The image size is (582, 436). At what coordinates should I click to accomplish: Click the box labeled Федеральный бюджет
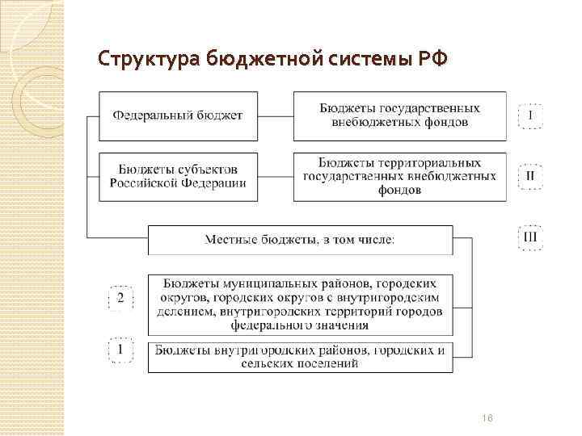click(x=178, y=115)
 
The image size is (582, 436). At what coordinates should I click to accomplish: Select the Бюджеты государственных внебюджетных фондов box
click(x=399, y=115)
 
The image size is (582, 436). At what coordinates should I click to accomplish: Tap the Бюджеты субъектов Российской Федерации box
click(x=178, y=176)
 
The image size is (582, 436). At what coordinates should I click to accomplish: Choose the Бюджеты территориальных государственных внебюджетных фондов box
click(x=399, y=176)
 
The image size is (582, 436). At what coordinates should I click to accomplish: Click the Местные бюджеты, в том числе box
click(x=300, y=239)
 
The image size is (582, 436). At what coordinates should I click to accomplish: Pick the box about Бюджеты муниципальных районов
click(x=300, y=304)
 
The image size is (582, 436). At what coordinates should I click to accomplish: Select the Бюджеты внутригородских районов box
click(x=300, y=357)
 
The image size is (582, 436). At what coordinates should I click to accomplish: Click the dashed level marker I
click(x=530, y=115)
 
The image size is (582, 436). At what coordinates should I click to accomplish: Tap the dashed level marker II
click(x=530, y=175)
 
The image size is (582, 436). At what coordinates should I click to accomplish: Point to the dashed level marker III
click(x=530, y=237)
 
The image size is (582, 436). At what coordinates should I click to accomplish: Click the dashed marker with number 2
click(x=120, y=299)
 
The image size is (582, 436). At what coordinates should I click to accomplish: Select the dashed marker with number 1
click(x=120, y=350)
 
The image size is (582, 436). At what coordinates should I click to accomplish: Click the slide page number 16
click(x=487, y=417)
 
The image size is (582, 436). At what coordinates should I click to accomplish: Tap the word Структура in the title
click(x=147, y=59)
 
